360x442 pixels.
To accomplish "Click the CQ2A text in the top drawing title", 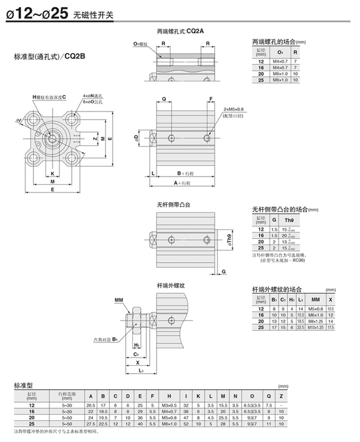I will pos(195,32).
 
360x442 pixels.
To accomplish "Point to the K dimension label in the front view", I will pos(52,173).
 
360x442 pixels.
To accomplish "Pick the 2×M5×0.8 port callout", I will pos(234,110).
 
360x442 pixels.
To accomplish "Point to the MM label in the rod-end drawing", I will pos(119,300).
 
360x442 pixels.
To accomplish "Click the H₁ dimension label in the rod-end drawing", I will pos(137,345).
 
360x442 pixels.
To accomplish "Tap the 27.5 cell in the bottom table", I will pos(90,424).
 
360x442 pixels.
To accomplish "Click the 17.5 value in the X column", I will pos(330,327).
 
